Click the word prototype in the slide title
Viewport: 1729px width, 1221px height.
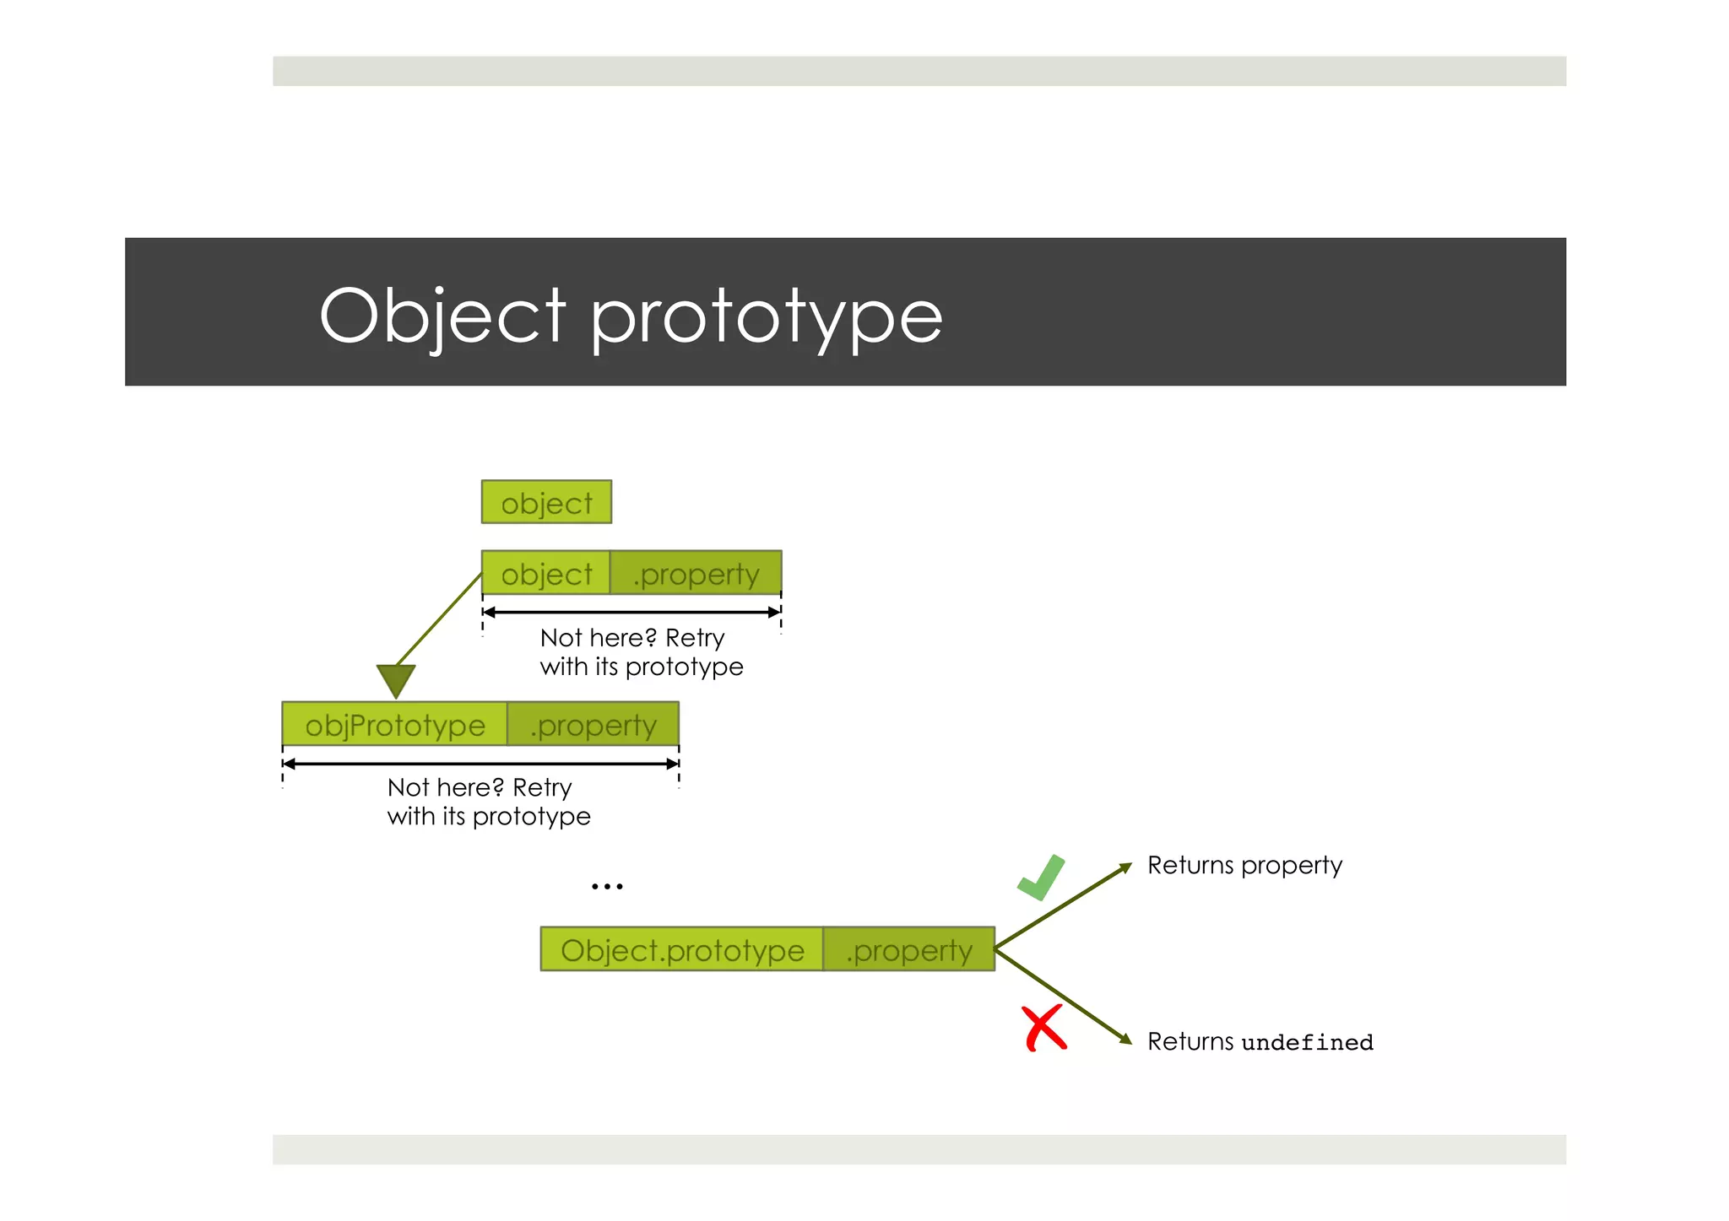click(x=765, y=319)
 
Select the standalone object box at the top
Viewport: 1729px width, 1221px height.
click(x=546, y=502)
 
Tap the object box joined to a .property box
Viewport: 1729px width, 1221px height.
click(x=545, y=573)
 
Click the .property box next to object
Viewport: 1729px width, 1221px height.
click(x=696, y=573)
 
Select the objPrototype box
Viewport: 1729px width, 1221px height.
click(x=394, y=724)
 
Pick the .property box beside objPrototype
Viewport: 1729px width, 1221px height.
click(x=593, y=724)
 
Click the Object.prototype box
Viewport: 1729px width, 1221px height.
click(x=681, y=949)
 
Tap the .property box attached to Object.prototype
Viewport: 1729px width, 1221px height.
click(x=908, y=949)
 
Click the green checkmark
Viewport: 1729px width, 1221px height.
click(x=1042, y=878)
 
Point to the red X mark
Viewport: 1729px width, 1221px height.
click(x=1044, y=1028)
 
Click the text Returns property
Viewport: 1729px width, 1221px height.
click(x=1244, y=865)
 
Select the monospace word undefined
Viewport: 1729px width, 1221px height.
click(x=1307, y=1043)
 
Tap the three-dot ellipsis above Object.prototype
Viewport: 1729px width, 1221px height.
click(x=607, y=886)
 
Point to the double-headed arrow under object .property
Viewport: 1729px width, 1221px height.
click(x=631, y=613)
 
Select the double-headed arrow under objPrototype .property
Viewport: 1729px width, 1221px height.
click(x=480, y=764)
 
